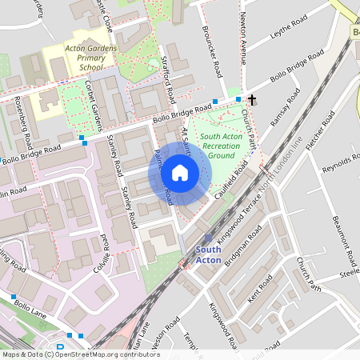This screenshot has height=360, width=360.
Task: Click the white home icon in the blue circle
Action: pyautogui.click(x=180, y=173)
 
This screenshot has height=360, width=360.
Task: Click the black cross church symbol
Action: pyautogui.click(x=253, y=100)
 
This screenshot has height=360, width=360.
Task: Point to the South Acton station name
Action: pyautogui.click(x=210, y=253)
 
